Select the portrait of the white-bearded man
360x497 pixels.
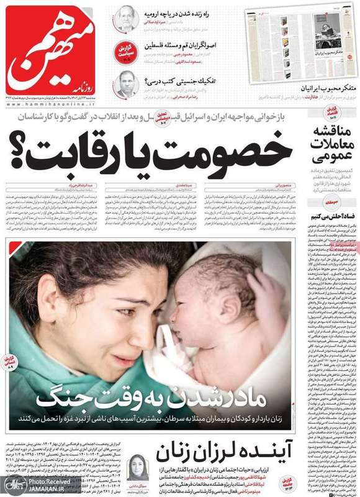pyautogui.click(x=126, y=19)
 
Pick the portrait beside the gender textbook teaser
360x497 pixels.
pyautogui.click(x=126, y=83)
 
